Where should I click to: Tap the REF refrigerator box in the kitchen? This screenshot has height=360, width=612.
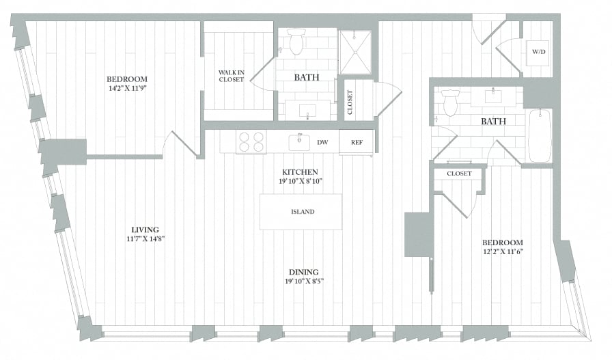point(357,142)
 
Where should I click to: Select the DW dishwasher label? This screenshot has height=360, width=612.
point(323,143)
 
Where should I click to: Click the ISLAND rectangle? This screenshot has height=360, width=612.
point(301,212)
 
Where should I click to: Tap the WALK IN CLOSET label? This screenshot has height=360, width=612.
point(231,76)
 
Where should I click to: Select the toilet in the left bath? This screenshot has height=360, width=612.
point(296,42)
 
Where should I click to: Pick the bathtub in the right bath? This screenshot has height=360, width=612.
point(540,136)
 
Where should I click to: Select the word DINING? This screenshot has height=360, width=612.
point(303,271)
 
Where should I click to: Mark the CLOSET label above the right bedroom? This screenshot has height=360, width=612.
point(459,174)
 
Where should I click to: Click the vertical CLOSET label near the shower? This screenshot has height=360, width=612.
point(350,101)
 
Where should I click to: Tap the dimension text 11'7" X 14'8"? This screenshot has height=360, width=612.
point(145,239)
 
